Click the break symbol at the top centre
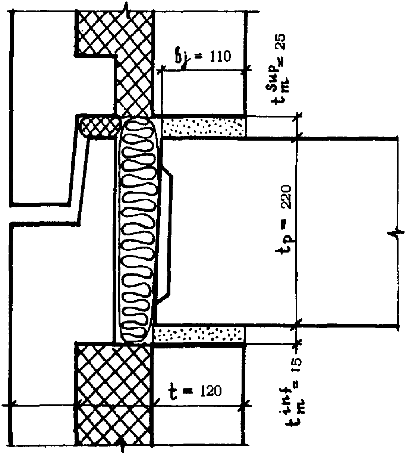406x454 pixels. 127,9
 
